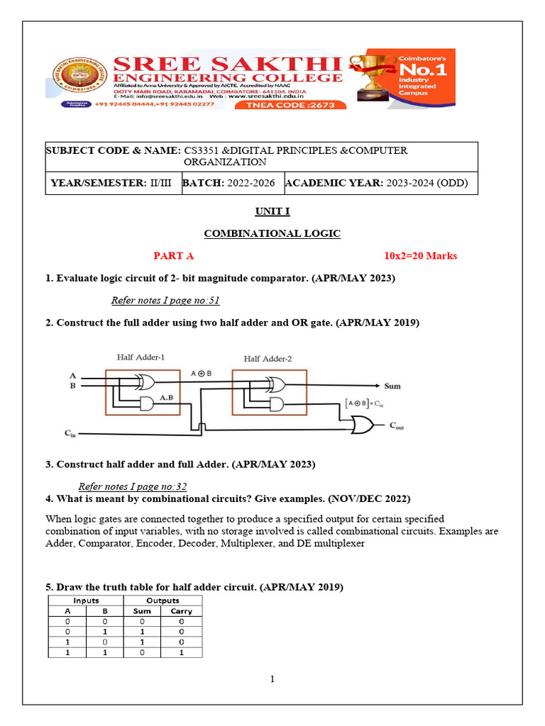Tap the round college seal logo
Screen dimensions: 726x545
tap(70, 77)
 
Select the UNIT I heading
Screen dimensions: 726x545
tap(272, 211)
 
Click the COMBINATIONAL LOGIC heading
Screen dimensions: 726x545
tap(272, 233)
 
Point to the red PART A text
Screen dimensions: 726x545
tap(174, 256)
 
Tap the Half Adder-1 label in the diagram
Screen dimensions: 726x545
tap(141, 357)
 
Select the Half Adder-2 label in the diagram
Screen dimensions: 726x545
tap(268, 359)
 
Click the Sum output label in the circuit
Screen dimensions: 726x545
tap(392, 386)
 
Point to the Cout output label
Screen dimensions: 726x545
tap(397, 425)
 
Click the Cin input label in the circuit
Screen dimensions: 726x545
tap(70, 432)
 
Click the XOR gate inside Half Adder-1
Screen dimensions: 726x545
tap(145, 383)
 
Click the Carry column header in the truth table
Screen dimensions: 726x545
tap(182, 611)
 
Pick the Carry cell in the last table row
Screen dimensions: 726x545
tap(182, 652)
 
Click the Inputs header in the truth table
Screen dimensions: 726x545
tap(86, 601)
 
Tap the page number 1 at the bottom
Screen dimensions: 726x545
tap(272, 679)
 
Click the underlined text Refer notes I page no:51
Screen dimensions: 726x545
tap(165, 301)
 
